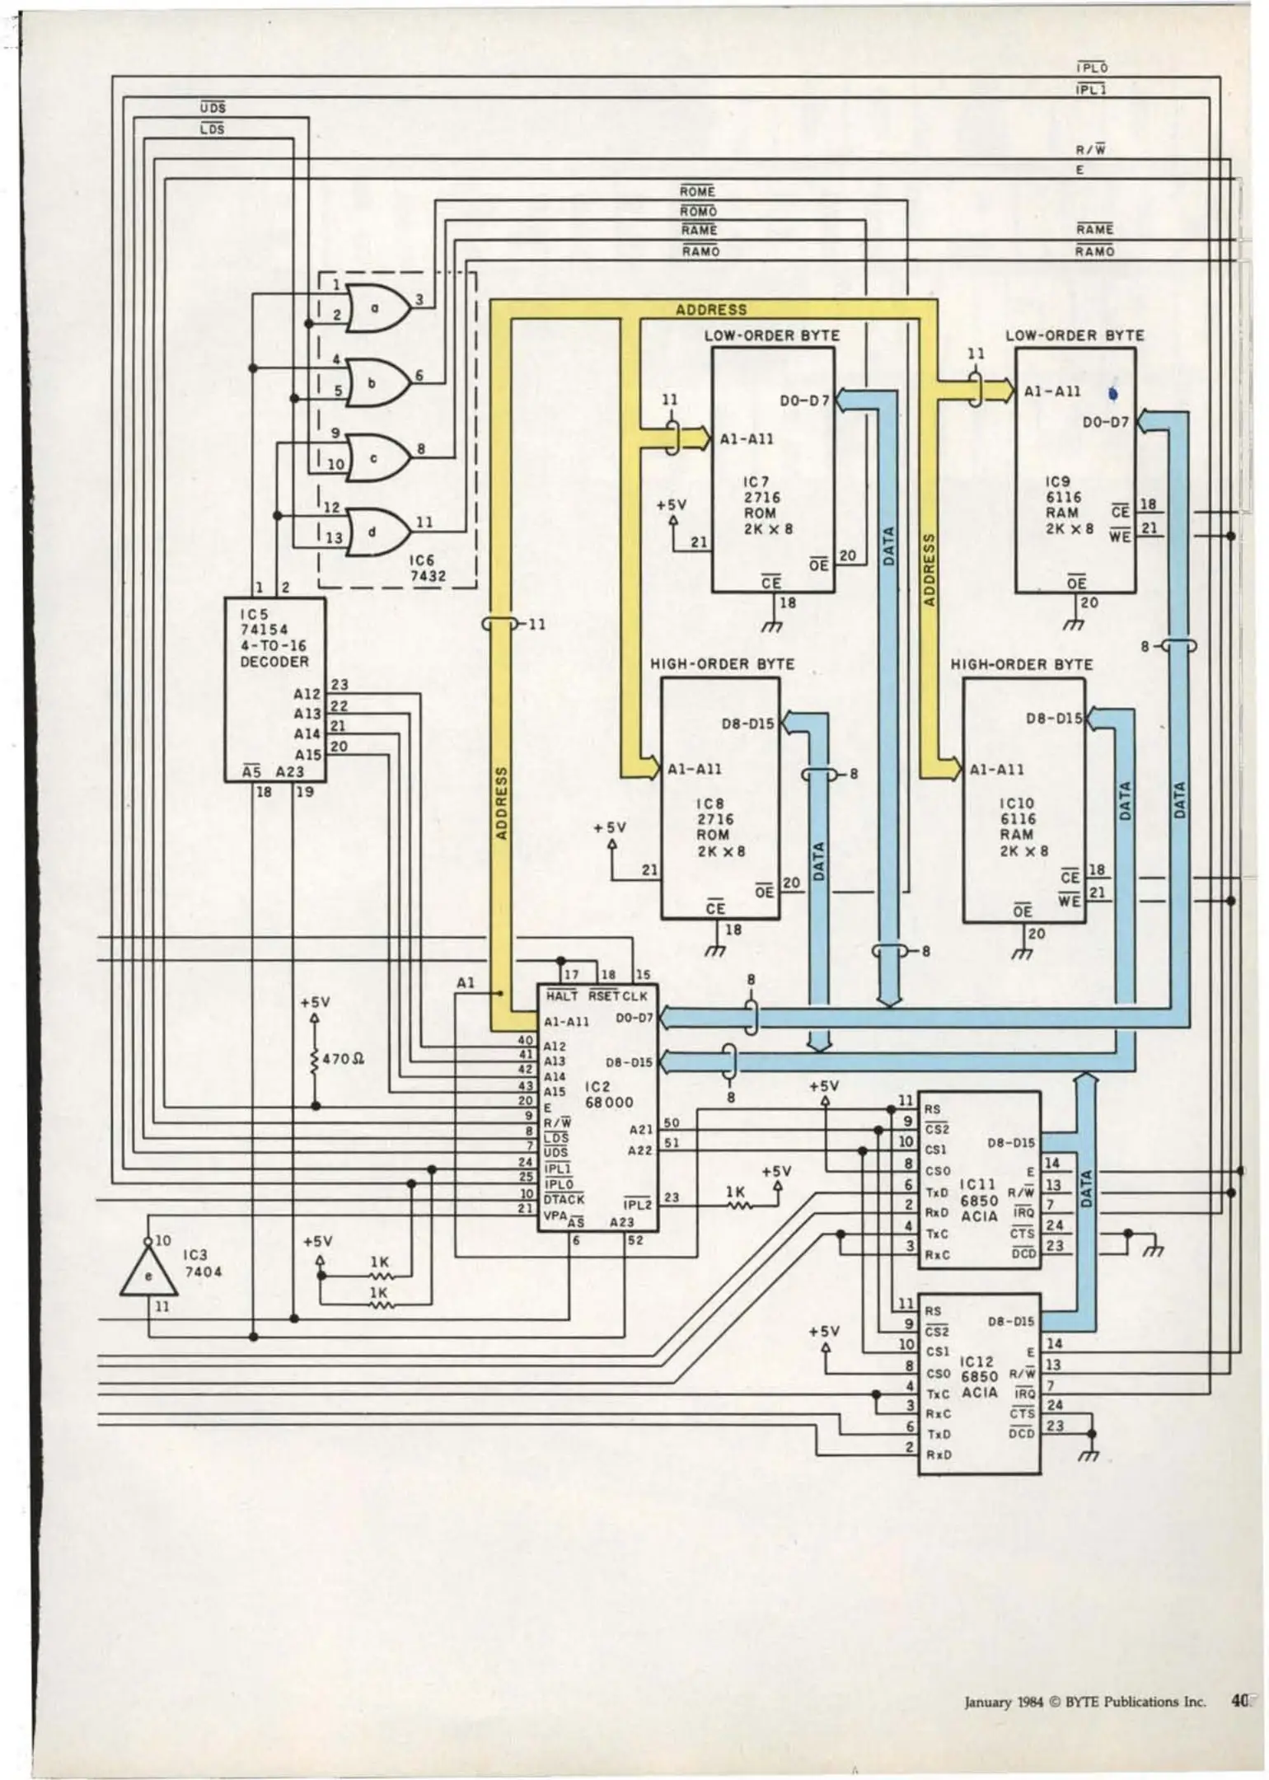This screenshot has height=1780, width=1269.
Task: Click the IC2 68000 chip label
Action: (x=609, y=1094)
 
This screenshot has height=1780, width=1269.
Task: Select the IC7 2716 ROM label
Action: (x=761, y=505)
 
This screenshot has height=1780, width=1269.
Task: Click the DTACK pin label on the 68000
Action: (x=564, y=1199)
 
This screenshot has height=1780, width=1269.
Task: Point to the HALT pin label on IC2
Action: (x=562, y=996)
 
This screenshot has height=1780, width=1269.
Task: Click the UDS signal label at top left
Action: (x=213, y=107)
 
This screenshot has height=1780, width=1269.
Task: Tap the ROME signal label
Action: (x=697, y=191)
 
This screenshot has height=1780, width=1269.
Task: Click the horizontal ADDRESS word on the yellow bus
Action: (x=711, y=310)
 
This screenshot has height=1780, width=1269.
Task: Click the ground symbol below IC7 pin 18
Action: (x=772, y=627)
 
